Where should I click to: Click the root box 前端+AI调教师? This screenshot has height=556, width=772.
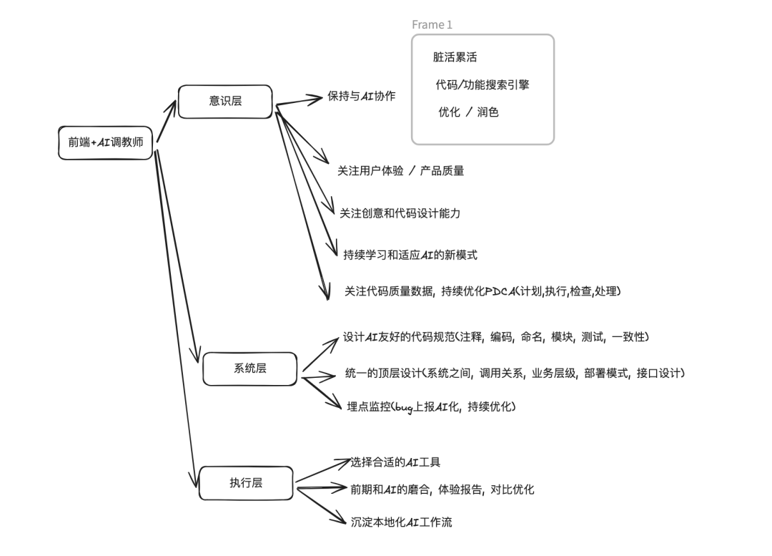[106, 142]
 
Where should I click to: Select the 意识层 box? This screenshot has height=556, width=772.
[225, 101]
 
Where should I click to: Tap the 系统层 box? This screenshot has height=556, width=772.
[249, 369]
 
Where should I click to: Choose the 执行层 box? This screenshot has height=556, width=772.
[245, 483]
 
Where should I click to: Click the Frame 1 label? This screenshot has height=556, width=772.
[432, 25]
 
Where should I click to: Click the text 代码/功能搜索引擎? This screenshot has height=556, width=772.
[482, 85]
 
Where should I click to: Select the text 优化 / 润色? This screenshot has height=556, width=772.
[468, 112]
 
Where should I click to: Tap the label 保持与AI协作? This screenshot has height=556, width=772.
[362, 97]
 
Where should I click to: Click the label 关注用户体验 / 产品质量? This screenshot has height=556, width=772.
[400, 171]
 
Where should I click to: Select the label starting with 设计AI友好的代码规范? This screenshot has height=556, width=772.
[495, 336]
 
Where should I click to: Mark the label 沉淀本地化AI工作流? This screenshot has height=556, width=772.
[401, 522]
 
